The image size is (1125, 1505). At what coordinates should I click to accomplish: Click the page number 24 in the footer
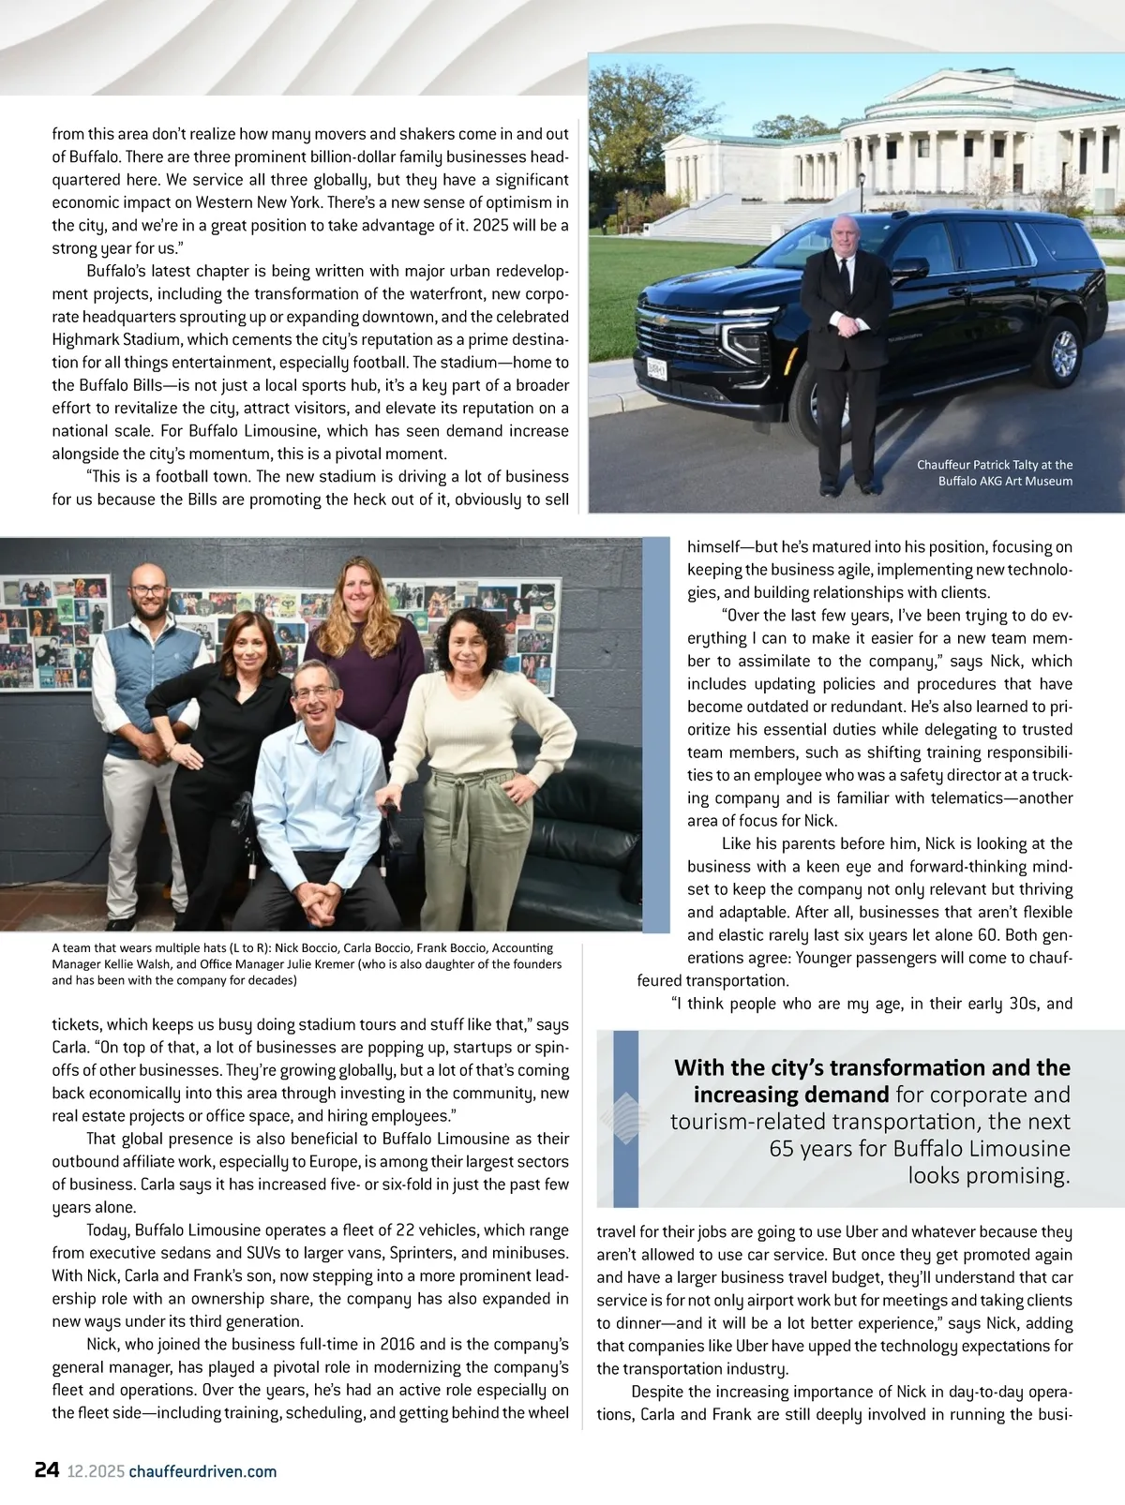point(47,1469)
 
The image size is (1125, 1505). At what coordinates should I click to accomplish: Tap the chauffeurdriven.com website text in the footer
point(202,1471)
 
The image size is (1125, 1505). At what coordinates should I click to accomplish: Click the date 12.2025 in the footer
point(96,1471)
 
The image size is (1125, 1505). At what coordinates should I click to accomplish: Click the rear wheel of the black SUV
point(1063,352)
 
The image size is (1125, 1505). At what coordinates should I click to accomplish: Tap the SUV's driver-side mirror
point(907,269)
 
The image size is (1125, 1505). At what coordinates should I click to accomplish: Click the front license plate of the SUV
point(656,369)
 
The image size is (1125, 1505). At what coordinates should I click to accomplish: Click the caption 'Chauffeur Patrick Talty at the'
point(994,465)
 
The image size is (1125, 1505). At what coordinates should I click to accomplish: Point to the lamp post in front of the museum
point(862,191)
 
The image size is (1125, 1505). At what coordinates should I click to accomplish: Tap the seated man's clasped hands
point(321,900)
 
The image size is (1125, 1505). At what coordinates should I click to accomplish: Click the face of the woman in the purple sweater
point(361,589)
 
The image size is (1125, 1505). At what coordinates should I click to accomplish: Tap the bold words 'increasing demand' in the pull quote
point(790,1095)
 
